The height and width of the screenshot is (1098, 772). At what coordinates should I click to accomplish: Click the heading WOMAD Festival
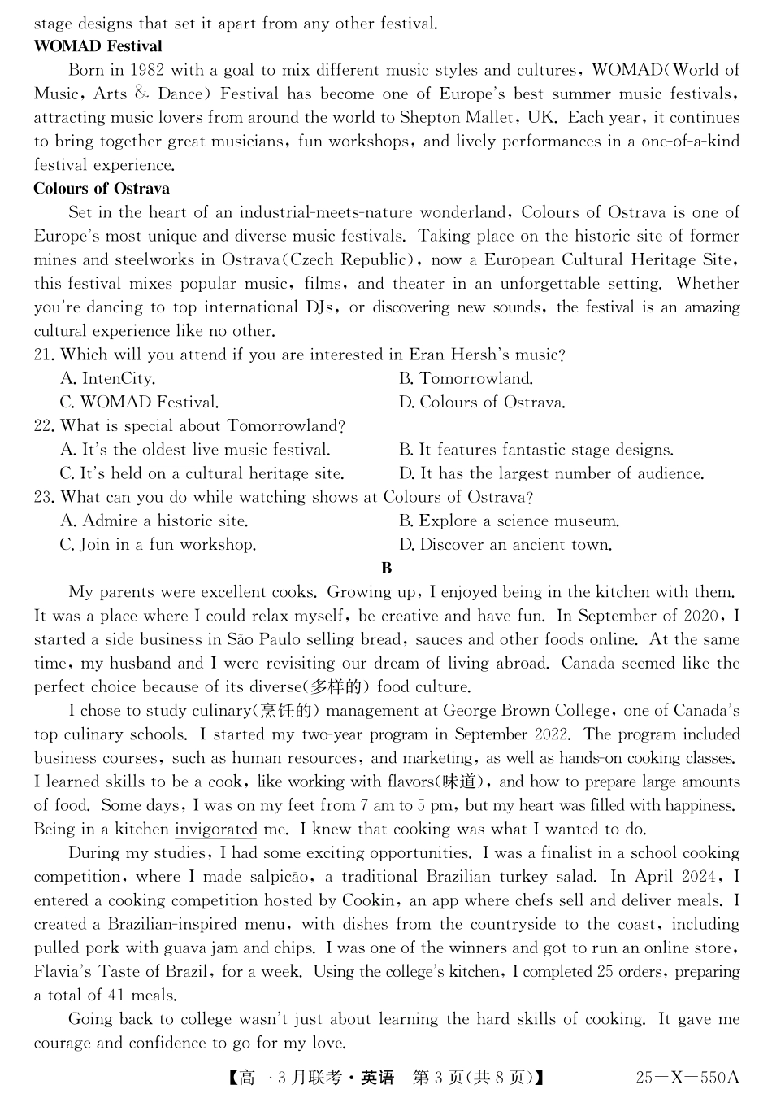[98, 46]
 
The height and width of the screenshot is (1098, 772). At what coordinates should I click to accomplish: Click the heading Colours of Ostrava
[102, 189]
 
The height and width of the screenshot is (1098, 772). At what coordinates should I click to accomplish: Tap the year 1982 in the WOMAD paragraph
[148, 70]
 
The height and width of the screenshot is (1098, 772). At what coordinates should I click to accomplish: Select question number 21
[44, 355]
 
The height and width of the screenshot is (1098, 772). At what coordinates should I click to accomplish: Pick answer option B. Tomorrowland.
[466, 379]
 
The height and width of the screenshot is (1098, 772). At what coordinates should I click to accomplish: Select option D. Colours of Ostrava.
[482, 403]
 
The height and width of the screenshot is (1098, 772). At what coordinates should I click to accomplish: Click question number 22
[44, 426]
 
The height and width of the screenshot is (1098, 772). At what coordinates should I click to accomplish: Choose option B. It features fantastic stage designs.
[536, 450]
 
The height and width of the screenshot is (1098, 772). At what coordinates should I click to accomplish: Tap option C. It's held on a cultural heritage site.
[202, 473]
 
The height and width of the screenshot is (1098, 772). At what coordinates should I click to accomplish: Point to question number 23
[44, 497]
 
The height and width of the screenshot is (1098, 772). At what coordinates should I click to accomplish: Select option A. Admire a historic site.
[154, 521]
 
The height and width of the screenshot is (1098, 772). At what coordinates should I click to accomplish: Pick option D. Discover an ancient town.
[505, 545]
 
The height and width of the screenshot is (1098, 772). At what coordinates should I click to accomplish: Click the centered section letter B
[386, 569]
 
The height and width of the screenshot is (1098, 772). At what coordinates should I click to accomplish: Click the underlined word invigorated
[215, 830]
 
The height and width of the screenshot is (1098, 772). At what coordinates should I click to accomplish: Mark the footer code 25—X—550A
[687, 1078]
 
